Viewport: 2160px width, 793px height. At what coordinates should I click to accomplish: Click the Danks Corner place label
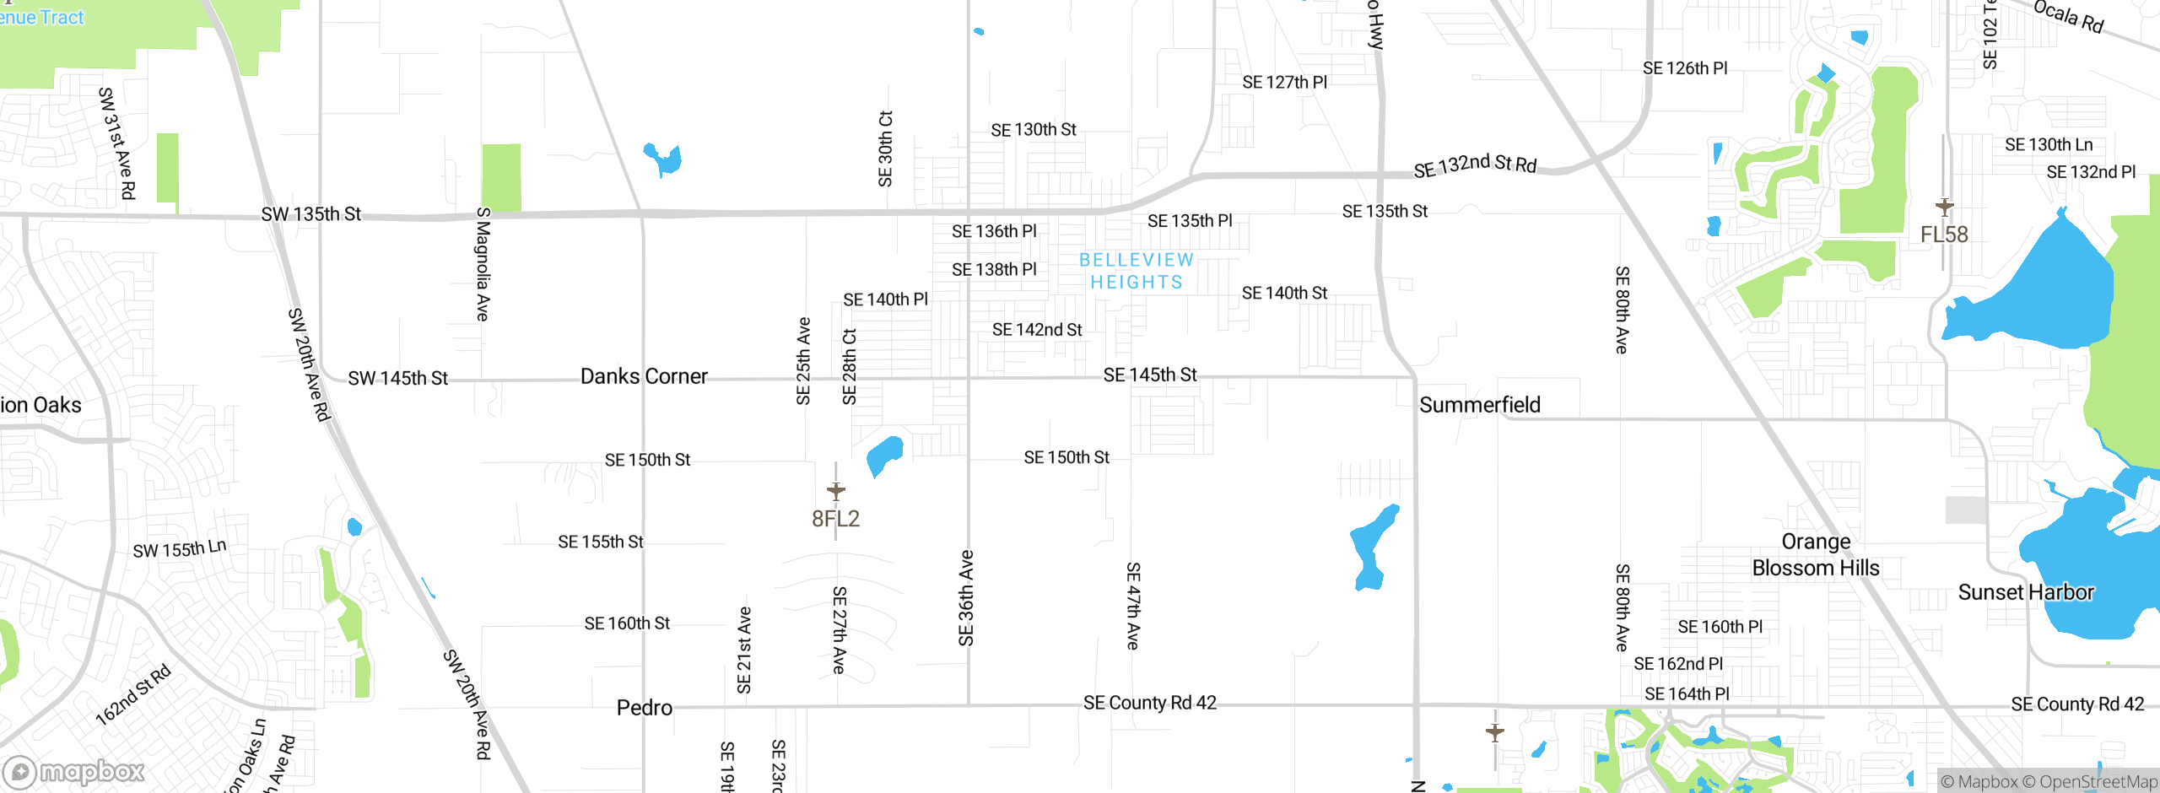pyautogui.click(x=644, y=376)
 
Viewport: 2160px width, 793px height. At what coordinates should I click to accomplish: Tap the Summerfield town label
pyautogui.click(x=1480, y=405)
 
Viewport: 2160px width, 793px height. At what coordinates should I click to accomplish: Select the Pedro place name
pyautogui.click(x=645, y=708)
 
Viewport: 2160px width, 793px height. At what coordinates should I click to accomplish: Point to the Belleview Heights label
pyautogui.click(x=1137, y=271)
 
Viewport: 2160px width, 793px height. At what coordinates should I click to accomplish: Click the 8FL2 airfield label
pyautogui.click(x=835, y=519)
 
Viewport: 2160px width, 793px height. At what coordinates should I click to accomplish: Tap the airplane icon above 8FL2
pyautogui.click(x=836, y=490)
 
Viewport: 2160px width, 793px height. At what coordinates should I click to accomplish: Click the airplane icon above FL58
pyautogui.click(x=1945, y=206)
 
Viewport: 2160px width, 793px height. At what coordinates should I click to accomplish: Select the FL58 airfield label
pyautogui.click(x=1944, y=235)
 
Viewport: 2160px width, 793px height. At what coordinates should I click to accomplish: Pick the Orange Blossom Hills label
pyautogui.click(x=1816, y=555)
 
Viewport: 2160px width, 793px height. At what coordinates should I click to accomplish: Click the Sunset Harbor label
pyautogui.click(x=2026, y=592)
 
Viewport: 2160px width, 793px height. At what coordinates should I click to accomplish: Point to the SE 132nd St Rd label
pyautogui.click(x=1475, y=165)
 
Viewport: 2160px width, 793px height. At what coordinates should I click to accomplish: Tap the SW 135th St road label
pyautogui.click(x=310, y=214)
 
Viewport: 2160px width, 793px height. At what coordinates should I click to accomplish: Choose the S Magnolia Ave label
pyautogui.click(x=483, y=264)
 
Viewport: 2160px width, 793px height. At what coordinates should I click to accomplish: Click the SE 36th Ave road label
pyautogui.click(x=967, y=598)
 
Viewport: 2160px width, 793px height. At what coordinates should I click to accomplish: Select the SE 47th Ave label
pyautogui.click(x=1133, y=606)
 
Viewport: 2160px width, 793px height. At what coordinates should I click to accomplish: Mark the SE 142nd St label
pyautogui.click(x=1037, y=330)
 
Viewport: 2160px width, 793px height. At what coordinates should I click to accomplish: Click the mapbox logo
pyautogui.click(x=74, y=771)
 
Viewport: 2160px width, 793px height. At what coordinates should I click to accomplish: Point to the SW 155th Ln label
pyautogui.click(x=180, y=549)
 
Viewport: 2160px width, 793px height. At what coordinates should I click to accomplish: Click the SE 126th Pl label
pyautogui.click(x=1685, y=68)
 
